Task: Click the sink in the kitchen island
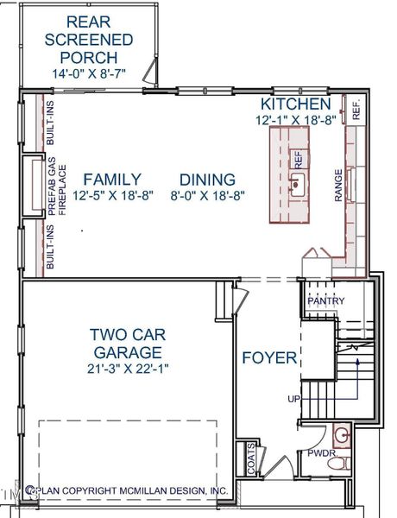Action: [x=296, y=183]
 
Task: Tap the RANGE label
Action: [x=338, y=186]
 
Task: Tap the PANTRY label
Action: [x=326, y=300]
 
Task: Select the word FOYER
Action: [x=269, y=358]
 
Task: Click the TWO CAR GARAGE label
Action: [x=126, y=343]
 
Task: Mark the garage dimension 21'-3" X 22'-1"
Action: [x=126, y=370]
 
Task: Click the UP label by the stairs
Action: [x=295, y=399]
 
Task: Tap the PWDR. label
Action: [x=322, y=452]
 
